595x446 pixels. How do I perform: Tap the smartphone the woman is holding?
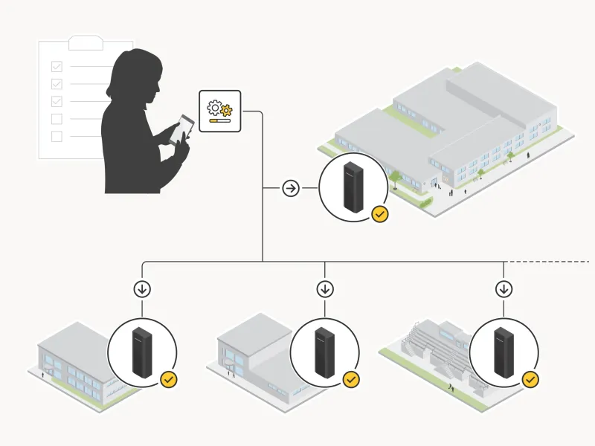(x=182, y=129)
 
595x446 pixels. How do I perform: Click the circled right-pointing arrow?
(x=291, y=188)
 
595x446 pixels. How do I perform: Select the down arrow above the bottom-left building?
(x=143, y=288)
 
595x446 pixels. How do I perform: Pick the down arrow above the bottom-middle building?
(x=324, y=288)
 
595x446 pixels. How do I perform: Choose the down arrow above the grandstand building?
(x=504, y=288)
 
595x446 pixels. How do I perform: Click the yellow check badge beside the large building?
(x=379, y=215)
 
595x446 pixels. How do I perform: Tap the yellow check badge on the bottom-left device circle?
(x=169, y=380)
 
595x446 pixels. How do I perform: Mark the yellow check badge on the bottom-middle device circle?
(x=350, y=380)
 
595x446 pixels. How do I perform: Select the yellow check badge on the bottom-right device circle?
(x=530, y=380)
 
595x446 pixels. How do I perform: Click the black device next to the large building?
(x=353, y=188)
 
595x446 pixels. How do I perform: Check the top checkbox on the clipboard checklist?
(x=57, y=66)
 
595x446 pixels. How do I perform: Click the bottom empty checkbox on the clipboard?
(x=57, y=136)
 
